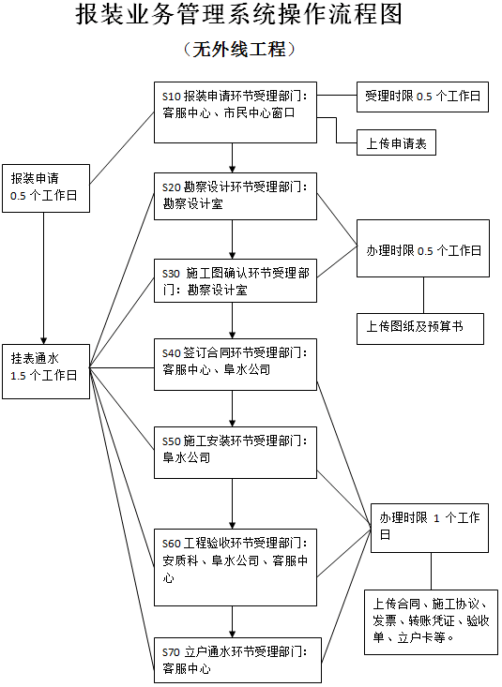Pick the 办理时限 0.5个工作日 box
(422, 249)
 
